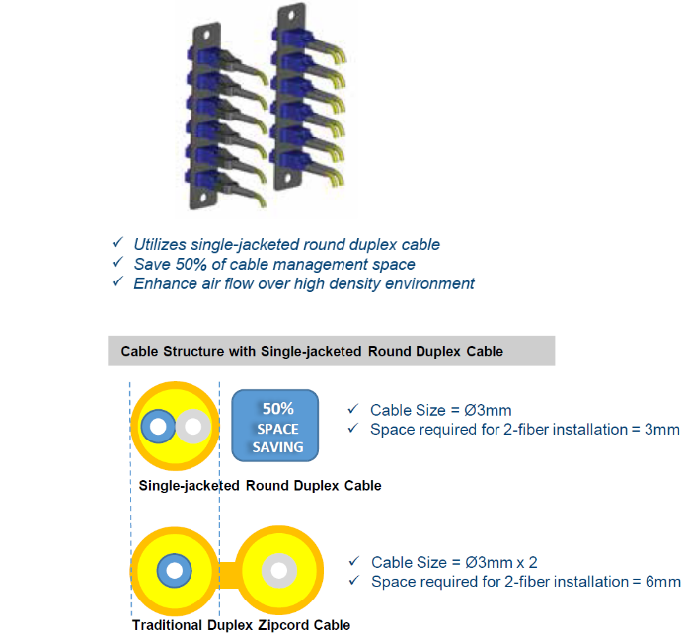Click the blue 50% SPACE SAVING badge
pos(277,427)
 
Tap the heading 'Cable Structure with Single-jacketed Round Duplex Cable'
pos(312,351)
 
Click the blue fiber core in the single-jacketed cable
pos(156,427)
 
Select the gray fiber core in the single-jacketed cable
pos(193,427)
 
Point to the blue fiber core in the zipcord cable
pos(175,572)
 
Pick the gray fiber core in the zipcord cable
pos(279,572)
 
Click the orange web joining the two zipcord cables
pos(228,572)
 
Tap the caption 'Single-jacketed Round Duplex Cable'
pos(260,486)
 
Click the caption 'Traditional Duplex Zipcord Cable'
pos(241,625)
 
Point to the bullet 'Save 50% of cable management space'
pos(274,264)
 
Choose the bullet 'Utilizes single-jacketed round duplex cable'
pos(286,244)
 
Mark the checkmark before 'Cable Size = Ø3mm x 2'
pos(354,562)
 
